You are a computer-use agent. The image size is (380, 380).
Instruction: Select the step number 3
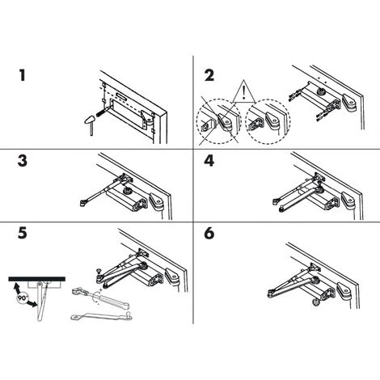pyautogui.click(x=24, y=160)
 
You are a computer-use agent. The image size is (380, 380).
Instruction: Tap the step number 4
pyautogui.click(x=209, y=160)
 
